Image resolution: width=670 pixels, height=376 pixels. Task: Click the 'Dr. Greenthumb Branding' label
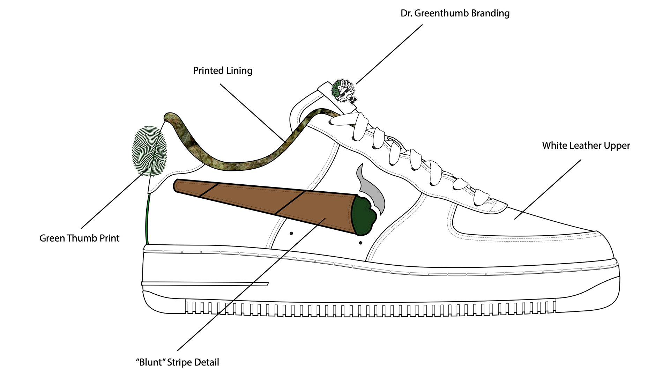[x=455, y=14]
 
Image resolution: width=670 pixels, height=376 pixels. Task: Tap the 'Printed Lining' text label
[x=223, y=71]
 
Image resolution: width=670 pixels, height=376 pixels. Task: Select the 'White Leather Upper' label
[x=586, y=146]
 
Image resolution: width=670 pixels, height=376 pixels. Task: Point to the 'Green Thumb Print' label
[x=79, y=238]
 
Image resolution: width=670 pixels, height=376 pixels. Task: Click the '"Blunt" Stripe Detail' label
[x=177, y=362]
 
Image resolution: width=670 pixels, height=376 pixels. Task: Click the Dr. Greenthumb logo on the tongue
[x=344, y=91]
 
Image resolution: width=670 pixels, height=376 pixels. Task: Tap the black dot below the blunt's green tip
[x=360, y=243]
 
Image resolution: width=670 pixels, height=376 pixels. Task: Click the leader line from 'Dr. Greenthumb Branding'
[x=389, y=54]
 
